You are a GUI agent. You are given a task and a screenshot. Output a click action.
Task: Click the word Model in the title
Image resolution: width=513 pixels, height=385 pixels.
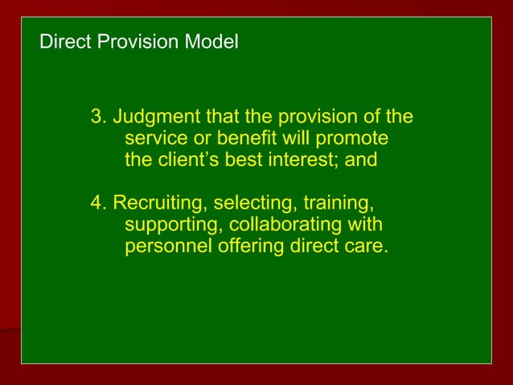coord(213,41)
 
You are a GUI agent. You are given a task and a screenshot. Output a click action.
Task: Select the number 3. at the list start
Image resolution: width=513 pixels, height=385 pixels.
coord(100,117)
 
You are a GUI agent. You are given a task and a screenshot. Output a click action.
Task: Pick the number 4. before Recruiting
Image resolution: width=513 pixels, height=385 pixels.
coord(100,202)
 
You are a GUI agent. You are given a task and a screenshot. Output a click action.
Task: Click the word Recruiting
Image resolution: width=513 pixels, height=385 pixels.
coord(159,202)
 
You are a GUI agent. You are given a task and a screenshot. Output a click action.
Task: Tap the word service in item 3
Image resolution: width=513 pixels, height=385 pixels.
coord(156,138)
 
